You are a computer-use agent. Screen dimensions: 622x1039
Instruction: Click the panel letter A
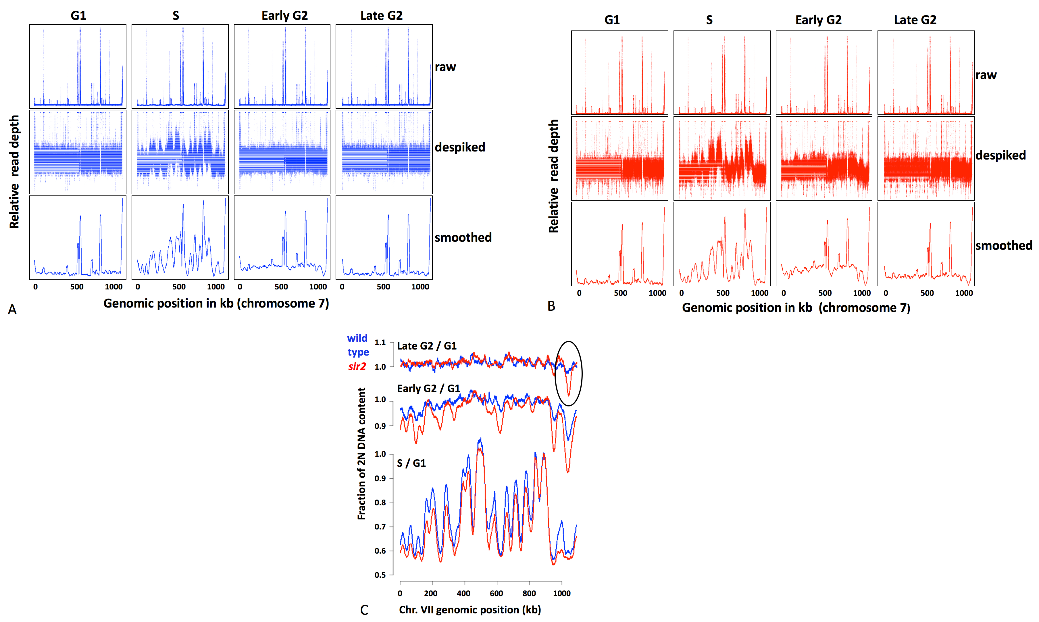tap(12, 309)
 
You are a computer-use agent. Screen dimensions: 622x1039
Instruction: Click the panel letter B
tap(551, 306)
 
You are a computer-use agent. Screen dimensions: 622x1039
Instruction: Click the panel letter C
tap(364, 610)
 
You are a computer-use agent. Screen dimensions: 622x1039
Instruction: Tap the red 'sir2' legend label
tap(357, 366)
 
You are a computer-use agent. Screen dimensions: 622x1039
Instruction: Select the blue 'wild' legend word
tap(357, 338)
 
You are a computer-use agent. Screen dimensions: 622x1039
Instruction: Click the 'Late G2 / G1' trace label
tap(426, 346)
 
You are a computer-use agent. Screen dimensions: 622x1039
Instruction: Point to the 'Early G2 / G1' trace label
tap(428, 389)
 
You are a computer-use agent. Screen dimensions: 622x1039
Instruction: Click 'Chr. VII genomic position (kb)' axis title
tap(470, 610)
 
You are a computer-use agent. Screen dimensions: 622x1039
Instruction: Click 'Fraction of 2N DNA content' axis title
tap(361, 454)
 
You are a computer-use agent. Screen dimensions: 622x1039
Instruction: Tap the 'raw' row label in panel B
tap(986, 75)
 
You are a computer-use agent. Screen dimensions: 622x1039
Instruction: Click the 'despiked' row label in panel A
tap(459, 147)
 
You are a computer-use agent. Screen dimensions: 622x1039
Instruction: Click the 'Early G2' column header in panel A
tap(284, 16)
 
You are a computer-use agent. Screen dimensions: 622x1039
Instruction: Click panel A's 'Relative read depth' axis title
tap(14, 172)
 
